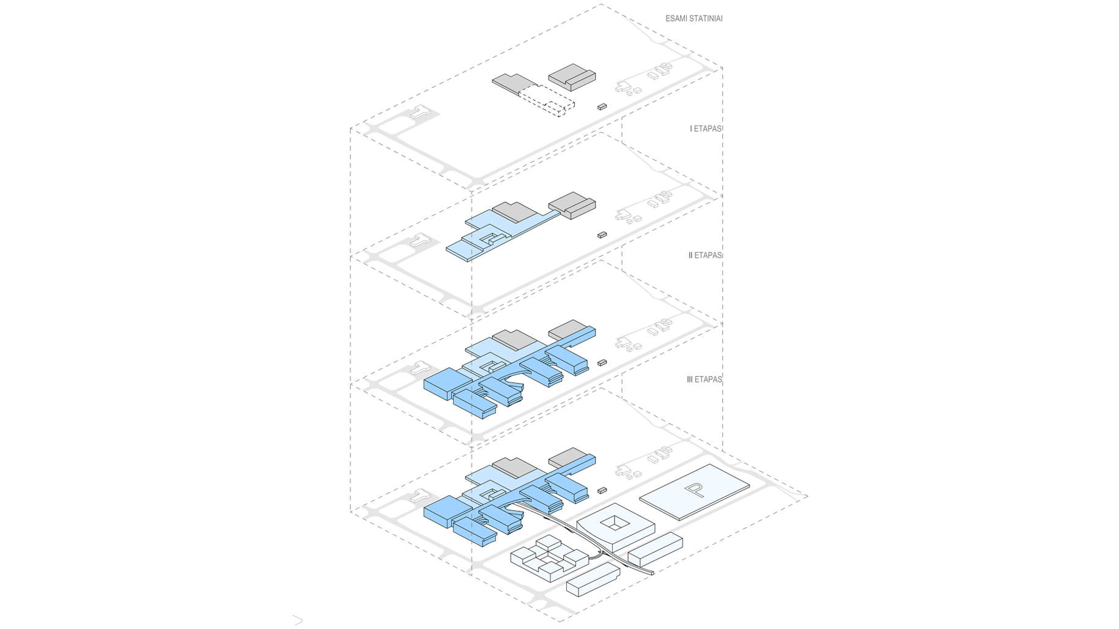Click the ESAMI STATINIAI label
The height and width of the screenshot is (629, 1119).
click(693, 19)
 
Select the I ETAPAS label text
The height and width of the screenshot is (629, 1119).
click(706, 129)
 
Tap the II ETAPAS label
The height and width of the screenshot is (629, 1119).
click(705, 256)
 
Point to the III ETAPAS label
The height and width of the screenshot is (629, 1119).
click(704, 380)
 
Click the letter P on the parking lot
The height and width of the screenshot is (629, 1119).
click(694, 489)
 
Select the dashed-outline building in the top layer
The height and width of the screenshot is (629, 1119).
click(546, 100)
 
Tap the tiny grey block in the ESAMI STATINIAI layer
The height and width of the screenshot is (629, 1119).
click(602, 107)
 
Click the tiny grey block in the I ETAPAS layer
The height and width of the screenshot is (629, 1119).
click(602, 235)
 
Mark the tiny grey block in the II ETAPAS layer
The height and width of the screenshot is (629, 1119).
click(602, 363)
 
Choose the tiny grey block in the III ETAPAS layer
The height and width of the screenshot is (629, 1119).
click(602, 491)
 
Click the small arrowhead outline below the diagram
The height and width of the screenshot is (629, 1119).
click(298, 620)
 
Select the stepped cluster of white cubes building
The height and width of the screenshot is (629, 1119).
click(548, 557)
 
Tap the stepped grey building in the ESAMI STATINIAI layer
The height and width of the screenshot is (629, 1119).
click(572, 76)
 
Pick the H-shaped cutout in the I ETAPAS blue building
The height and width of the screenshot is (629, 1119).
click(489, 237)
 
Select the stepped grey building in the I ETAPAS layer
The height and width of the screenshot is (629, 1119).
click(572, 204)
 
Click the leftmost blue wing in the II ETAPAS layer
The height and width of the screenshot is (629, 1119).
click(446, 383)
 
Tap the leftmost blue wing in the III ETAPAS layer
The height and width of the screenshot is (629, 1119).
click(446, 510)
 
